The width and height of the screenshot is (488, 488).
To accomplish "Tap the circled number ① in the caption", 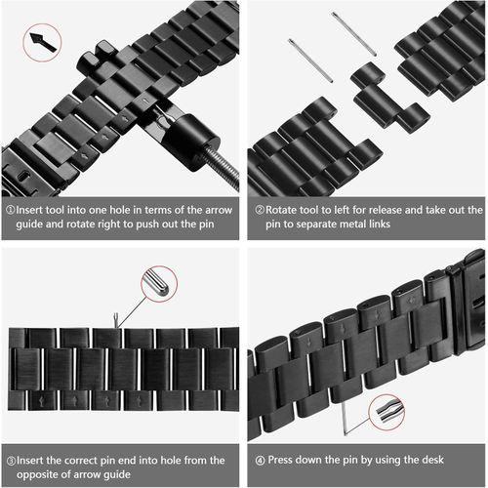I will [x=10, y=210].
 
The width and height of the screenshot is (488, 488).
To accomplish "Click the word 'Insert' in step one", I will [x=33, y=210].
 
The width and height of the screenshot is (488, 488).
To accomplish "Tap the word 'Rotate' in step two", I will [x=285, y=210].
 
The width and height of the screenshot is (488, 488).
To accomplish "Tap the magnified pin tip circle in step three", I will [x=155, y=282].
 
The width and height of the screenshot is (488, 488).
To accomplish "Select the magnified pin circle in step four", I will [x=386, y=410].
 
